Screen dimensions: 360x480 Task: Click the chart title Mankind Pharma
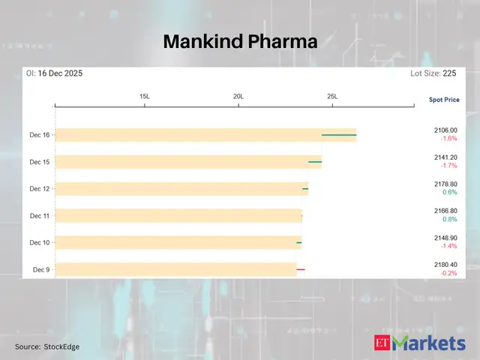point(240,42)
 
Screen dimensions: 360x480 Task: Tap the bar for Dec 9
point(176,268)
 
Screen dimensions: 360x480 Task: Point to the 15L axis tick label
point(145,97)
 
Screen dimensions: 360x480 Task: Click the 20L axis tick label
point(238,97)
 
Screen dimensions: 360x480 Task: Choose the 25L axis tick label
point(332,97)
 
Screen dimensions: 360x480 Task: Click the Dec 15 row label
point(40,162)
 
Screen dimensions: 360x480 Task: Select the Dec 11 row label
point(40,216)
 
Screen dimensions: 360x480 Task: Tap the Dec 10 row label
point(40,242)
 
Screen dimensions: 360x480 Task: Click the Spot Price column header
point(444,99)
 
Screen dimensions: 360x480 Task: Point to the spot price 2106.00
point(445,130)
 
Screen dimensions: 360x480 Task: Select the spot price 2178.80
point(445,184)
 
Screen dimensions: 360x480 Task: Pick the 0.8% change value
point(449,219)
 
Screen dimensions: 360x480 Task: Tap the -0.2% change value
point(448,273)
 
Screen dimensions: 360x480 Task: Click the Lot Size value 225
point(449,73)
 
